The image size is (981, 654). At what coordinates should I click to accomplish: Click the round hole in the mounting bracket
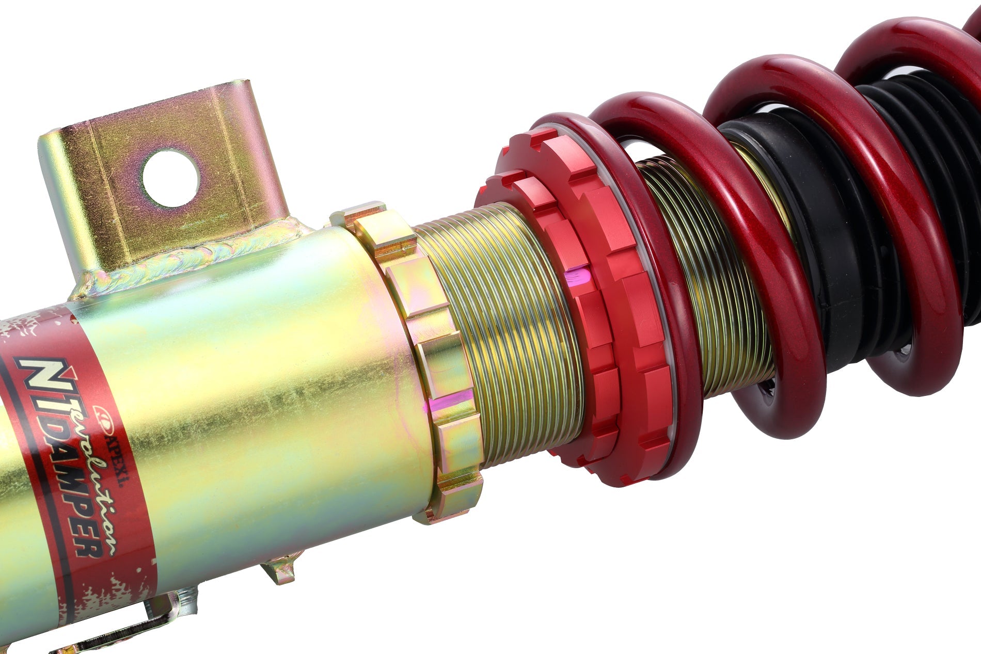(170, 179)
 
